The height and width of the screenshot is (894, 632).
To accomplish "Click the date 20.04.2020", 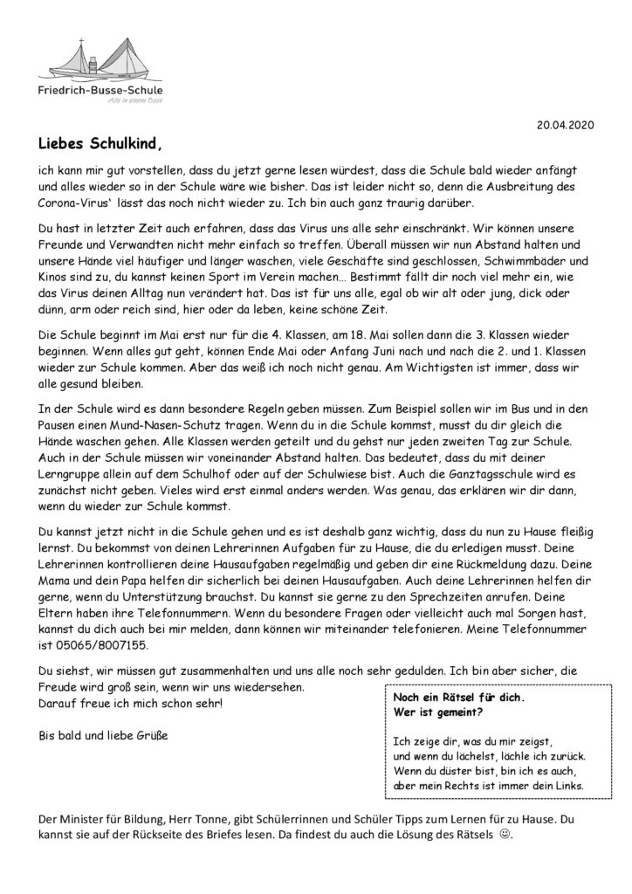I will (564, 125).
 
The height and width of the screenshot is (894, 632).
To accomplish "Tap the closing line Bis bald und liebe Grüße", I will (104, 735).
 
